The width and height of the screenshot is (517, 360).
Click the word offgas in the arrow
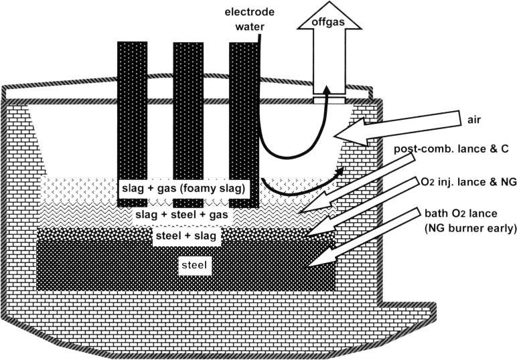click(328, 22)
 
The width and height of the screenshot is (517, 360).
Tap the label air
click(474, 120)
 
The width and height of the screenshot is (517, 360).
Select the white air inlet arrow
click(398, 128)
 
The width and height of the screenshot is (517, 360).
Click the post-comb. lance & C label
click(451, 149)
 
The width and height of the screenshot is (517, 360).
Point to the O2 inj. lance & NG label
click(469, 182)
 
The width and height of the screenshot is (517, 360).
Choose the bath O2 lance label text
click(461, 213)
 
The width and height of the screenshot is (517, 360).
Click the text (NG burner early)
click(470, 228)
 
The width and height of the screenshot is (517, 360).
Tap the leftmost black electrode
click(132, 124)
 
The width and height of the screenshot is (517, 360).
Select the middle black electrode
click(188, 124)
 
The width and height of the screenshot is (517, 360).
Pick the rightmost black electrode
click(244, 124)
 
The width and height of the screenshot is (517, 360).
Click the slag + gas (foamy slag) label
click(183, 189)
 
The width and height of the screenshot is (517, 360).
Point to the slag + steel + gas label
click(181, 215)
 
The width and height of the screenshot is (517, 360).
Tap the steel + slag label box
click(186, 236)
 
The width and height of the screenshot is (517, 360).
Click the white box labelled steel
click(194, 265)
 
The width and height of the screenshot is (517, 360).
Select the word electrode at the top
click(250, 12)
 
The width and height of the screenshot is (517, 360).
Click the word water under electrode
click(250, 27)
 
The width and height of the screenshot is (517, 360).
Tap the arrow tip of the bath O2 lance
click(309, 265)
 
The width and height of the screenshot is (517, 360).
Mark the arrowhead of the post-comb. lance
click(300, 212)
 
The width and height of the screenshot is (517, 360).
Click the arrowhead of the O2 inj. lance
click(305, 236)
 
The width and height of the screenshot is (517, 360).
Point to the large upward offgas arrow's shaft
click(329, 61)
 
